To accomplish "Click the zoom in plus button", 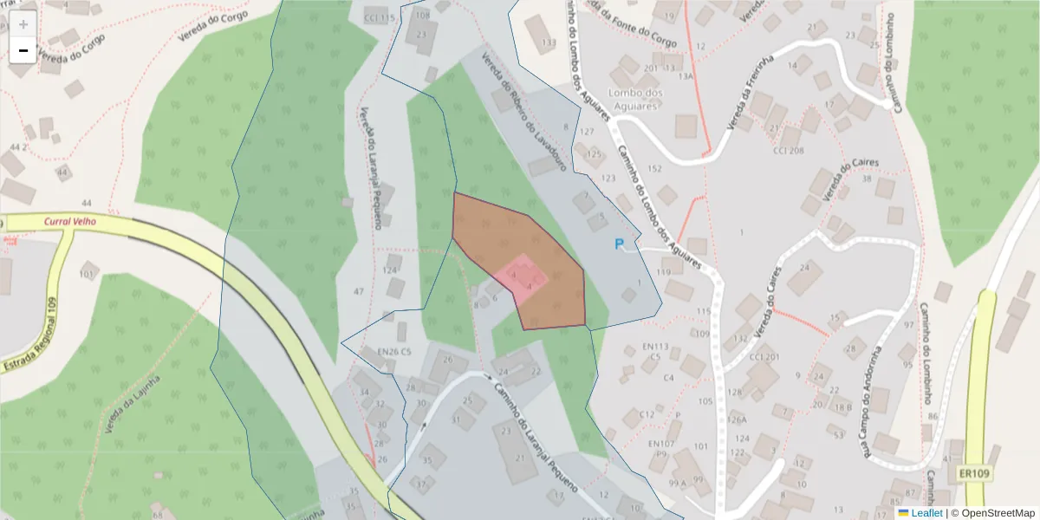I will pos(23,24).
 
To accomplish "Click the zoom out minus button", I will pos(23,50).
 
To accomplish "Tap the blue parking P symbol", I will pos(619,244).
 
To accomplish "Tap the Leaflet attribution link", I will pos(926,513).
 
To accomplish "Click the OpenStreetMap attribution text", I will pos(992,513).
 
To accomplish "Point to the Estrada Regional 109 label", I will pos(33,335).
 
